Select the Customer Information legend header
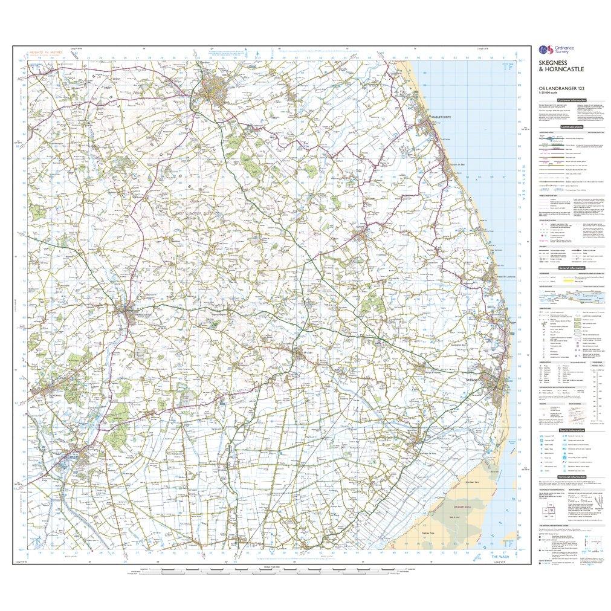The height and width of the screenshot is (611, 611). (571, 100)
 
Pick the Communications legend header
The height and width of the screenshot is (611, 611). (572, 127)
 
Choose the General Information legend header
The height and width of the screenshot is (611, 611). (571, 267)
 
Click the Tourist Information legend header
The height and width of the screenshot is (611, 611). (572, 430)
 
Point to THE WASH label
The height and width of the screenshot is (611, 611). (500, 556)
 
